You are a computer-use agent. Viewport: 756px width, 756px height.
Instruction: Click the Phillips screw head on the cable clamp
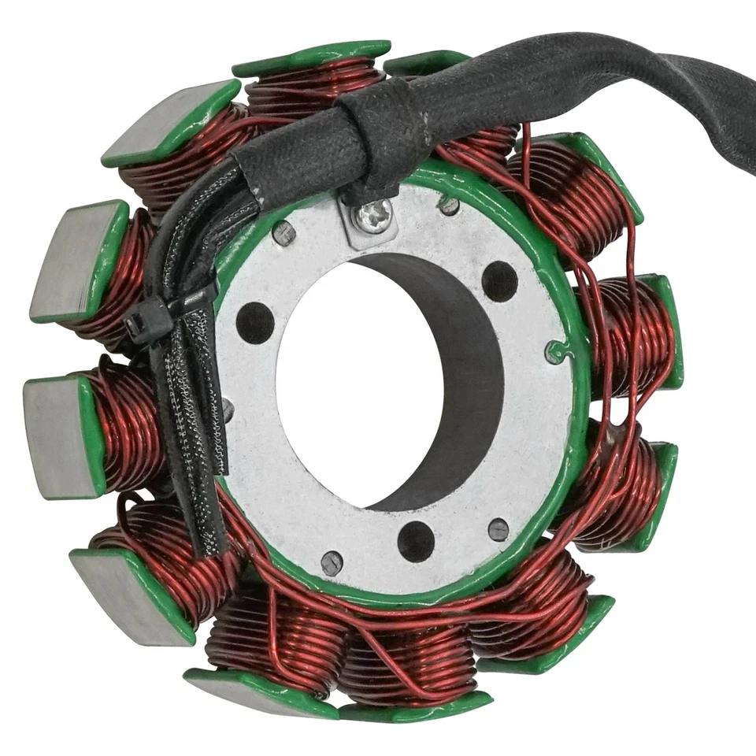373,215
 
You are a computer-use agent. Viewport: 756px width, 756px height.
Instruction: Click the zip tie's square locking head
147,320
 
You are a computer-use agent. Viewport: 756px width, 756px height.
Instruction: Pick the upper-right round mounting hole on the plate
499,281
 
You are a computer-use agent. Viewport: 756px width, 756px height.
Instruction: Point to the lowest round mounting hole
416,541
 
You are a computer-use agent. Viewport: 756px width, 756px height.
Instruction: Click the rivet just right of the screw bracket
449,206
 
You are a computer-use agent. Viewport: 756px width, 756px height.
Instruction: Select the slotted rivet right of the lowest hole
498,529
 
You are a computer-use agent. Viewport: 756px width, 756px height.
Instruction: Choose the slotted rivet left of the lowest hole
332,563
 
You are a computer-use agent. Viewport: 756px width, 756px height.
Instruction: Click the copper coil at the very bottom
409,661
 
